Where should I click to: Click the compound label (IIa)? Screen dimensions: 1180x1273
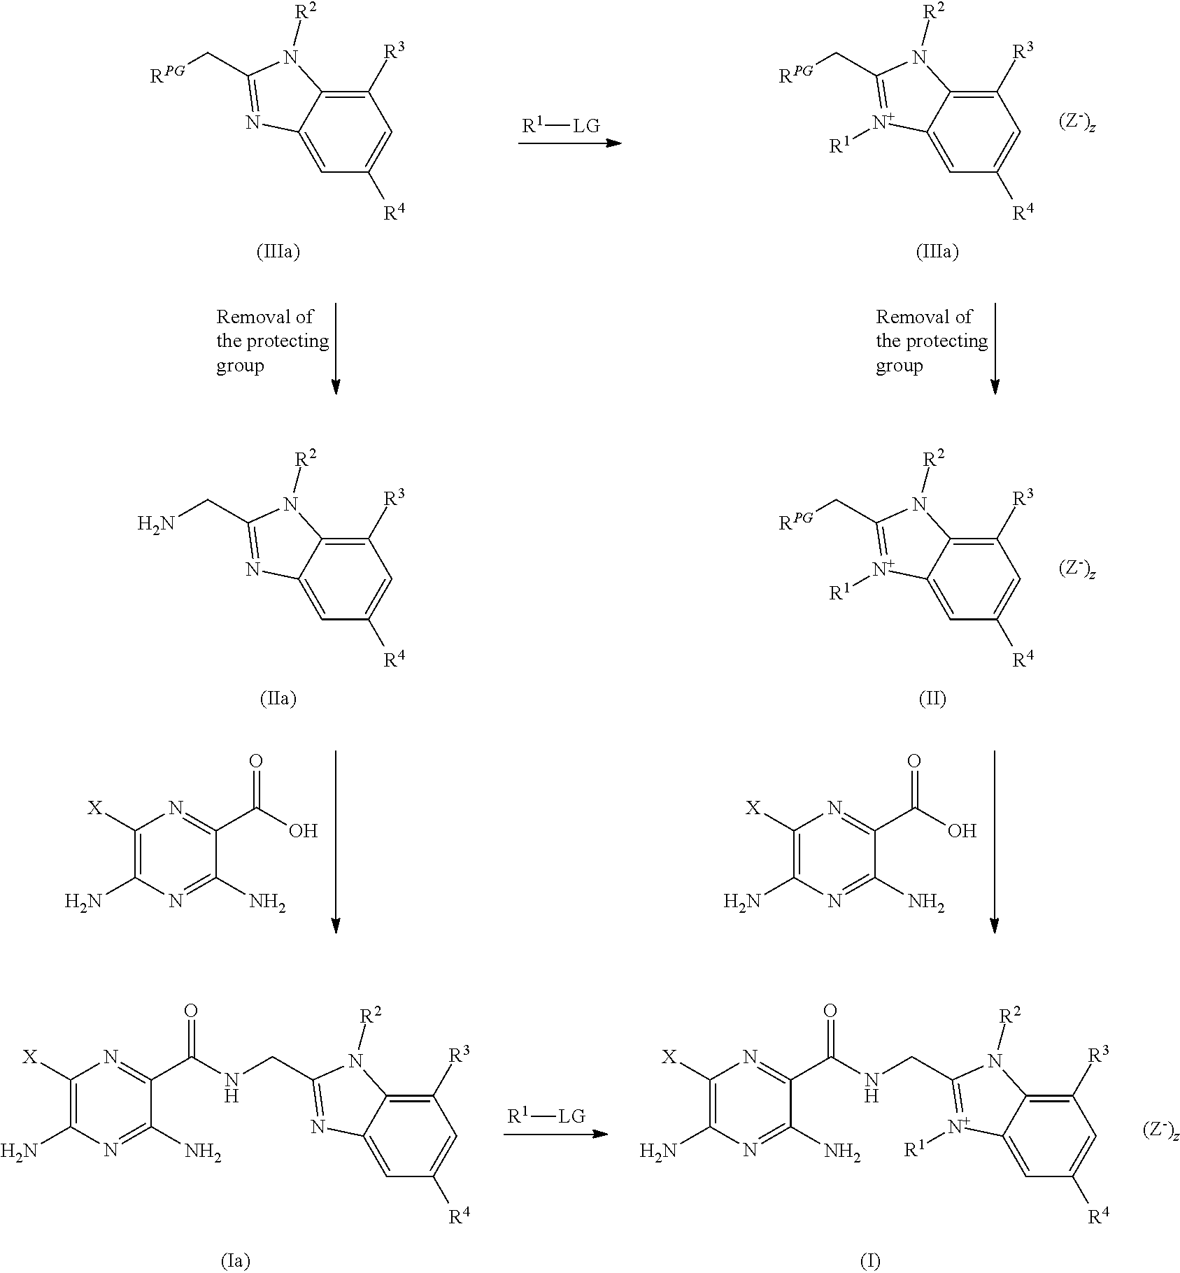coord(278,698)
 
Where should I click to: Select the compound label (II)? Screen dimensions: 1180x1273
coord(932,698)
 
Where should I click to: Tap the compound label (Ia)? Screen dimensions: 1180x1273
coord(235,1260)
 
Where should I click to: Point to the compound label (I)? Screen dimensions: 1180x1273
coord(869,1260)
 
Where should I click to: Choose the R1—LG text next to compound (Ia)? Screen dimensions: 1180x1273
coord(546,1116)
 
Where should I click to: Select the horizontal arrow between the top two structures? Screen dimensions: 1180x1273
coord(569,143)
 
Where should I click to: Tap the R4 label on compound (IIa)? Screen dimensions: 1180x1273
coord(394,660)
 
